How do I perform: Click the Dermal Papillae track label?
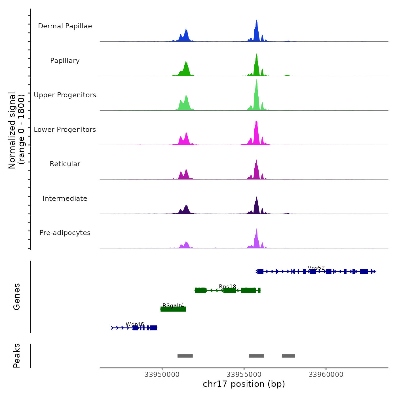coord(65,26)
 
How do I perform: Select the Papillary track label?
coord(65,61)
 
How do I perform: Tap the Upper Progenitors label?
coord(65,95)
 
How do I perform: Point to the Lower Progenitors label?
coord(65,130)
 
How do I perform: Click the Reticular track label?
coord(65,164)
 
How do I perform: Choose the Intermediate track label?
coord(65,198)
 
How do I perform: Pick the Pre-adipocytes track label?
coord(65,233)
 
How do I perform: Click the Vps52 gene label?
coord(316,268)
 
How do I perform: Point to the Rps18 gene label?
coord(227,287)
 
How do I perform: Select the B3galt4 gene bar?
coord(173,309)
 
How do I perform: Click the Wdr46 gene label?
coord(135,324)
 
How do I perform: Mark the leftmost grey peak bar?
coord(185,356)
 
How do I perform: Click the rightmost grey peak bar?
coord(288,356)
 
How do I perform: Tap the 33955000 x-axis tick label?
coord(244,375)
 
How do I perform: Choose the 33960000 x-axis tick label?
coord(326,375)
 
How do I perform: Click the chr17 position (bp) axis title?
coord(244,384)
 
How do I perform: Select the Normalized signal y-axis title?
coord(16,130)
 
